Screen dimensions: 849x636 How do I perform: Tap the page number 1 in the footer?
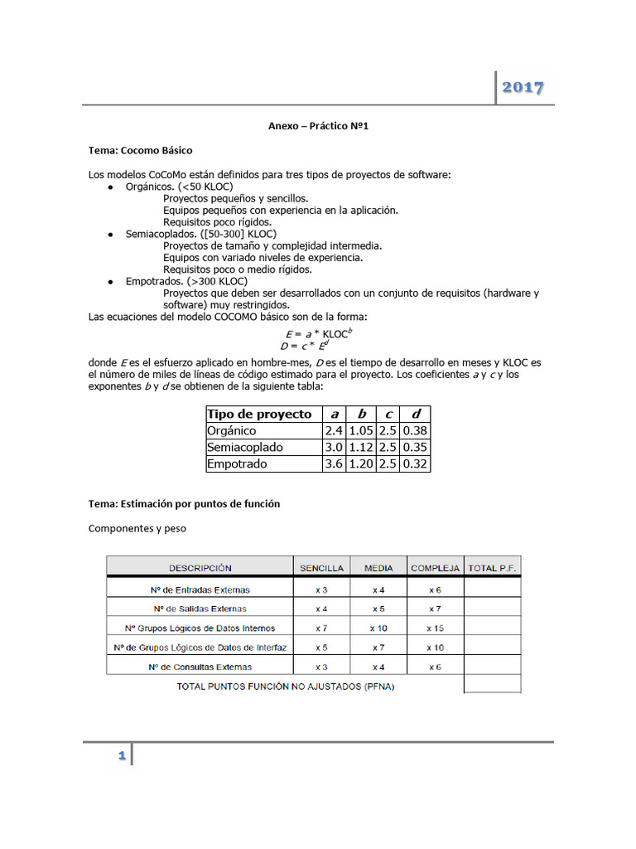pyautogui.click(x=121, y=755)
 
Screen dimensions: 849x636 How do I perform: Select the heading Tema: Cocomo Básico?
pyautogui.click(x=140, y=150)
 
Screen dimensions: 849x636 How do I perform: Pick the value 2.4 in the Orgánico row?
pyautogui.click(x=333, y=431)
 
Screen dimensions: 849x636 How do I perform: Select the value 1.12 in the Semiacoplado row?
pyautogui.click(x=360, y=448)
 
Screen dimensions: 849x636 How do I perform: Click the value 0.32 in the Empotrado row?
pyautogui.click(x=414, y=464)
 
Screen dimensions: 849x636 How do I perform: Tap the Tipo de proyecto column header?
pyautogui.click(x=258, y=414)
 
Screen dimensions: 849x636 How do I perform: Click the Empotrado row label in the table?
pyautogui.click(x=237, y=464)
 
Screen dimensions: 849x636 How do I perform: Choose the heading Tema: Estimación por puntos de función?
pyautogui.click(x=184, y=503)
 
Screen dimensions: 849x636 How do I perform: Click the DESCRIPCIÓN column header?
pyautogui.click(x=200, y=568)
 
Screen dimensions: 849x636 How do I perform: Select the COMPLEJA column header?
pyautogui.click(x=435, y=568)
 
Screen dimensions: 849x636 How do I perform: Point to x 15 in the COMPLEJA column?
pyautogui.click(x=435, y=628)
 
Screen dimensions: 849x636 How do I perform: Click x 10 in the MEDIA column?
pyautogui.click(x=378, y=628)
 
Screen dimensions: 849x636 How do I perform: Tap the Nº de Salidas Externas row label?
pyautogui.click(x=200, y=609)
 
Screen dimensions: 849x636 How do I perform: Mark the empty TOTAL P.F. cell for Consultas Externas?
pyautogui.click(x=492, y=667)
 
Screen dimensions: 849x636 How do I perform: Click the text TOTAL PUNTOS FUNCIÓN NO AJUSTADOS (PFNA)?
pyautogui.click(x=286, y=686)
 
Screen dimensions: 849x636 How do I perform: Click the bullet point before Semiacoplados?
pyautogui.click(x=110, y=235)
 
